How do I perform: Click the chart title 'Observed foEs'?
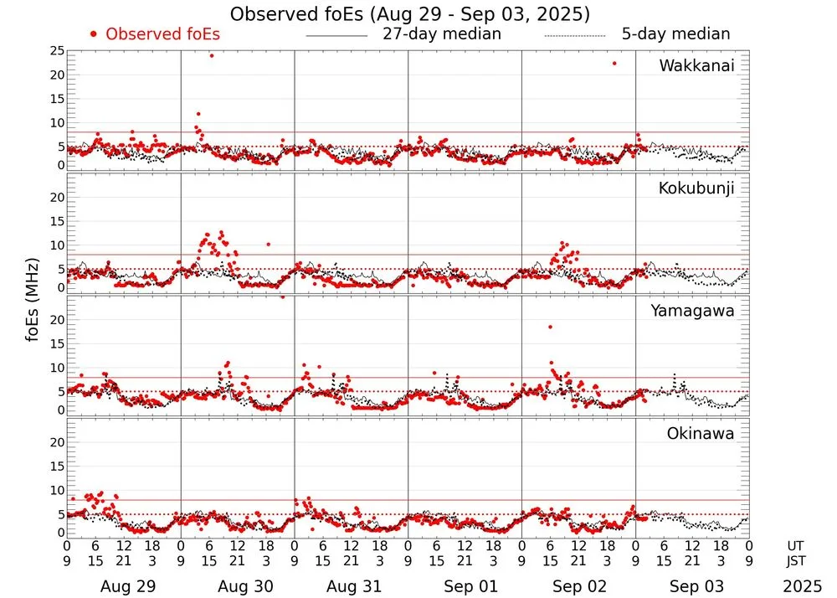tap(409, 14)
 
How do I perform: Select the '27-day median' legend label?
tap(441, 34)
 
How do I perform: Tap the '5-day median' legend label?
tap(675, 34)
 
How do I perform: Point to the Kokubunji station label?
tap(696, 188)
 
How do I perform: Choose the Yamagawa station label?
tap(693, 311)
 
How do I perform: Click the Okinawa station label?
tap(701, 434)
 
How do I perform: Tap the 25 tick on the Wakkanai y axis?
tap(57, 52)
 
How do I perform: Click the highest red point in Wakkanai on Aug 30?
tap(212, 55)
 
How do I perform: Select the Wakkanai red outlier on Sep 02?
tap(614, 63)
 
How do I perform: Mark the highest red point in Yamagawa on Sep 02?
tap(550, 327)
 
